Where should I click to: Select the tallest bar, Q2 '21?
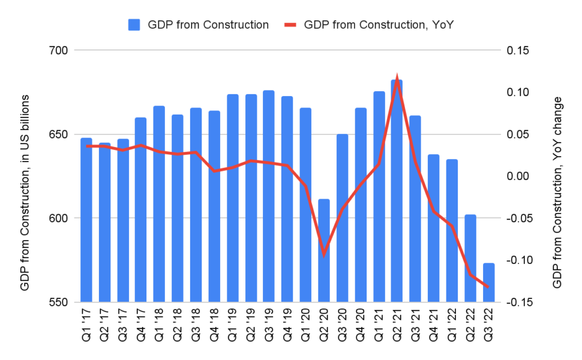coord(397,192)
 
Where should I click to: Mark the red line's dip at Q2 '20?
coord(323,254)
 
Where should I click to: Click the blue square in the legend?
coord(134,25)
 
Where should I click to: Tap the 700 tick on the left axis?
coord(58,50)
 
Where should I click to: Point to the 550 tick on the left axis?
coord(58,302)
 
